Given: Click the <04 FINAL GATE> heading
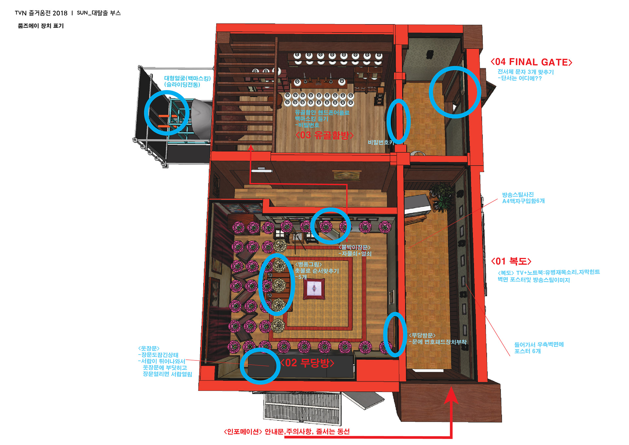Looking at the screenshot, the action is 531,62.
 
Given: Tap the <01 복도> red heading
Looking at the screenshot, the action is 511,261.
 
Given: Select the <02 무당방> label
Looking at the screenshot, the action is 307,363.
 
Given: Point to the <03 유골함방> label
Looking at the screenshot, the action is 324,135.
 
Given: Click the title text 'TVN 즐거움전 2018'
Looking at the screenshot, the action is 41,13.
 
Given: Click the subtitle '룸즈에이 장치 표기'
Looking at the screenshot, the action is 41,26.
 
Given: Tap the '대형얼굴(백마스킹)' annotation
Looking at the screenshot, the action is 187,78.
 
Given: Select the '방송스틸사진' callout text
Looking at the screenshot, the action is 518,195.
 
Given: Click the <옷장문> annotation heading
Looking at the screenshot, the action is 149,348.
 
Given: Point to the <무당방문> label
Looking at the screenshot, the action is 422,335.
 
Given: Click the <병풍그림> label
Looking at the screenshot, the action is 308,264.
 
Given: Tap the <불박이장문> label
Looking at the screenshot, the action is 354,247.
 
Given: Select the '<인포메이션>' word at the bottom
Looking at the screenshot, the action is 243,432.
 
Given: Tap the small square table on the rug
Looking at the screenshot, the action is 314,289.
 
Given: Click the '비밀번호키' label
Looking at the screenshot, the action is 380,142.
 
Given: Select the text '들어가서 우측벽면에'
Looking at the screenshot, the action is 539,344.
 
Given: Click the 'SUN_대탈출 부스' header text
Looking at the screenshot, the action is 99,13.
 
